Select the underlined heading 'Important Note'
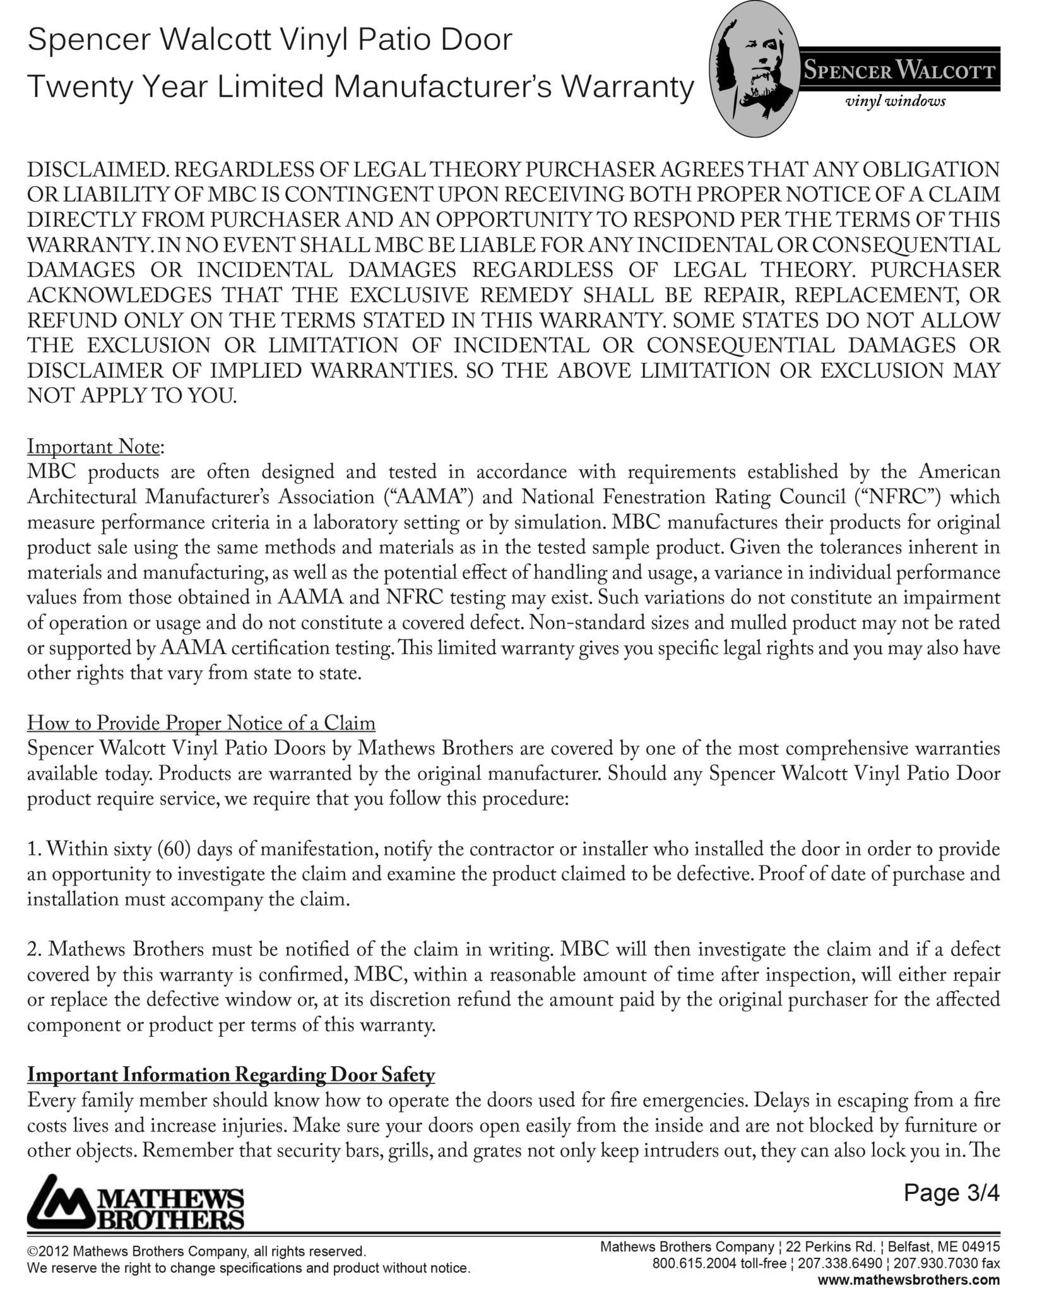[93, 446]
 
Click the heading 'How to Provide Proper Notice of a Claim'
[201, 723]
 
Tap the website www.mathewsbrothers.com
[909, 1280]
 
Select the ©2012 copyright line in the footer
[196, 1251]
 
